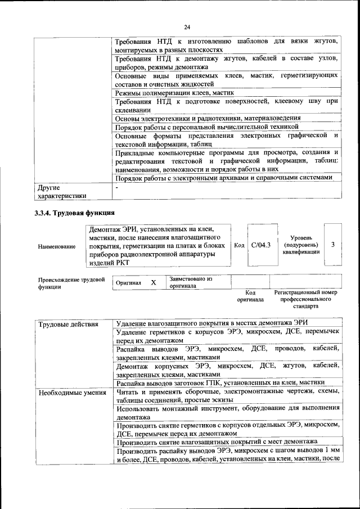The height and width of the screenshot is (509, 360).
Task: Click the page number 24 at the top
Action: coord(187,26)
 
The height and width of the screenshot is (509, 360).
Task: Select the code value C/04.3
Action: coord(260,245)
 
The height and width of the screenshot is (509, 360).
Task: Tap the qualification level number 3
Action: coord(333,245)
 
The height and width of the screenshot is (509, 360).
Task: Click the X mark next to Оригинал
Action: coord(153,282)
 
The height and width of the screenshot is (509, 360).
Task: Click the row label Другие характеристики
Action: coord(61,192)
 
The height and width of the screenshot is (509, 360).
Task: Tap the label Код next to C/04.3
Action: coord(239,245)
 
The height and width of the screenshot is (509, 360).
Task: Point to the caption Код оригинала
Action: coord(250,296)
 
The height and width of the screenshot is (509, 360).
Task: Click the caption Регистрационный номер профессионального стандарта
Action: coord(305,299)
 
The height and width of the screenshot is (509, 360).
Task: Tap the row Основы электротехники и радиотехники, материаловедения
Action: coord(208,119)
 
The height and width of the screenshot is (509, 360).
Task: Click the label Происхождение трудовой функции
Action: coord(71,282)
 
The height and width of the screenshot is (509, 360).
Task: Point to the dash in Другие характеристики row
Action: coord(116,187)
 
